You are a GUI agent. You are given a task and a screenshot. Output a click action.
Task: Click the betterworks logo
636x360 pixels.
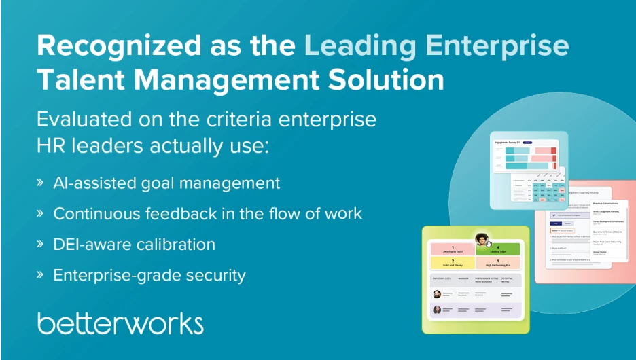(120, 323)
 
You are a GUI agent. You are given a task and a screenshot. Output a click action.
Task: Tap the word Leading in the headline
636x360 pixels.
(359, 46)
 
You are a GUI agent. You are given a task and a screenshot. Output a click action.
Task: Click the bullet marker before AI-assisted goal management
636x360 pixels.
(40, 183)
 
